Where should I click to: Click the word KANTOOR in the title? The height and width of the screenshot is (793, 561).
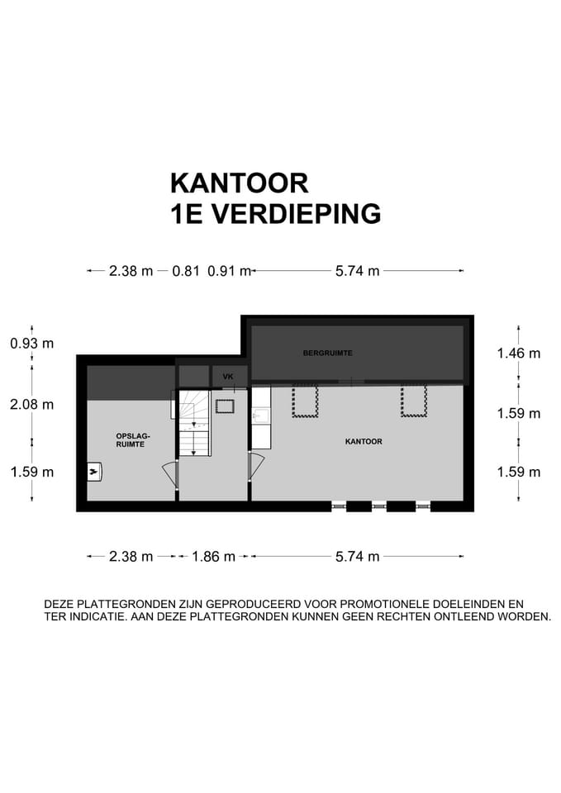(x=239, y=182)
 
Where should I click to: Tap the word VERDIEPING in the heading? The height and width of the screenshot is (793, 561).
(x=296, y=213)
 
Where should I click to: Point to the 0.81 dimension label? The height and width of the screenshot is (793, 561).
(x=186, y=270)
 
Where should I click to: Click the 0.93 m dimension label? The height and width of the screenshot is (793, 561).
(x=32, y=343)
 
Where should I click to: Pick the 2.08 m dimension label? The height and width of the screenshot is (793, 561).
(x=32, y=404)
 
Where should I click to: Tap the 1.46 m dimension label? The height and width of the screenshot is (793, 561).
(x=519, y=353)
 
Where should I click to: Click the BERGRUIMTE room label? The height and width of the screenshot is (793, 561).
(x=328, y=353)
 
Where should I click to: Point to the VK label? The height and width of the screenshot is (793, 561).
(x=229, y=378)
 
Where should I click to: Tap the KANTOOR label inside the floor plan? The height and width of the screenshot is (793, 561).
(x=364, y=441)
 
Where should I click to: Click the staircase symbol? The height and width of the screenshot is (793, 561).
(x=196, y=423)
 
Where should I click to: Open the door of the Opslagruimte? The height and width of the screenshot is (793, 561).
(x=169, y=475)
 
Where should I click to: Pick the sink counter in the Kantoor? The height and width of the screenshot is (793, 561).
(x=261, y=417)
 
